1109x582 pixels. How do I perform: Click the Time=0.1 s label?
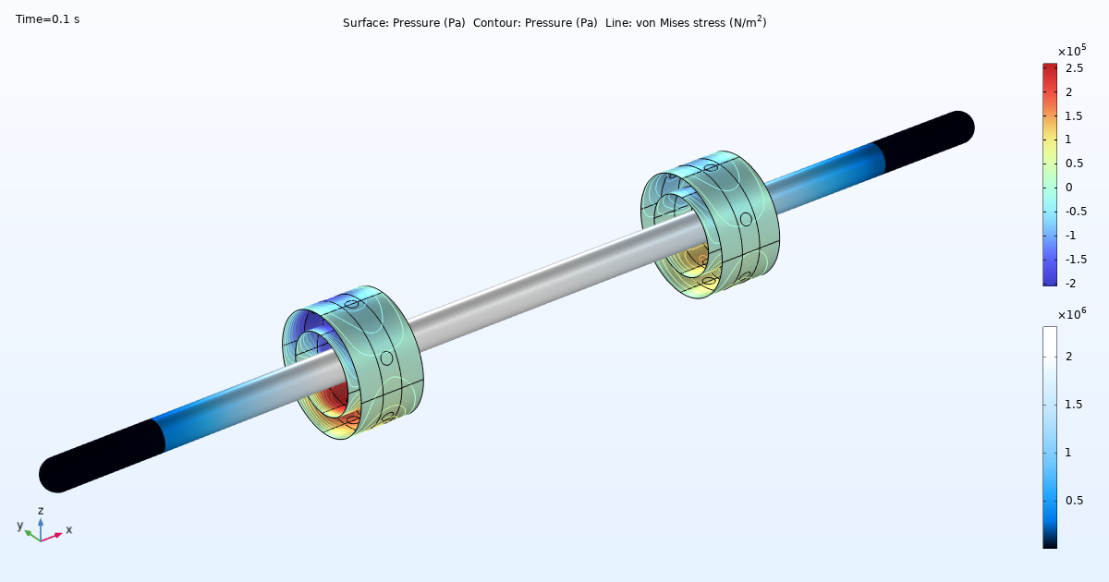pyautogui.click(x=47, y=18)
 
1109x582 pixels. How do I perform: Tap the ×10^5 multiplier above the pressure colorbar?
pyautogui.click(x=1070, y=51)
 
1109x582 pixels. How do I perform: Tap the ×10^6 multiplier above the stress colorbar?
pyautogui.click(x=1070, y=313)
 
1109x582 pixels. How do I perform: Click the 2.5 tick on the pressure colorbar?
pyautogui.click(x=1074, y=68)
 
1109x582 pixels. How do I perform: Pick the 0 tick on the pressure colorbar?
pyautogui.click(x=1069, y=187)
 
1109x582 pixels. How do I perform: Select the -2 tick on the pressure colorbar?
pyautogui.click(x=1072, y=282)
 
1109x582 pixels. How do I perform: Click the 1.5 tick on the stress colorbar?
pyautogui.click(x=1074, y=405)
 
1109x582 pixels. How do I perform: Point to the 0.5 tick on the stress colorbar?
pyautogui.click(x=1074, y=500)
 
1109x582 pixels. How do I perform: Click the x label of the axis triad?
pyautogui.click(x=69, y=529)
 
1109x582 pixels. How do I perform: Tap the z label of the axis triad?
pyautogui.click(x=41, y=510)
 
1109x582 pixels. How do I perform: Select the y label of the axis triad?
pyautogui.click(x=19, y=525)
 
